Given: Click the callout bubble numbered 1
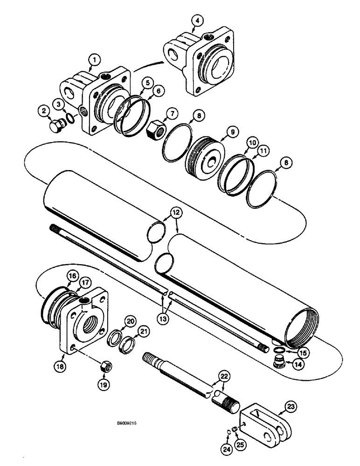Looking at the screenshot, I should click(95, 60).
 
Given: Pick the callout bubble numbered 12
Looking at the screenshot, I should click(176, 213).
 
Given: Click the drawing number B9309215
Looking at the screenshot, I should click(126, 424).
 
